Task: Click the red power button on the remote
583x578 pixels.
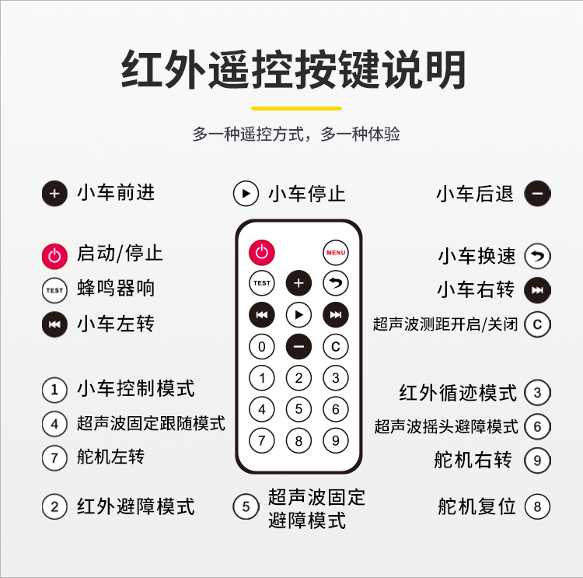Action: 262,253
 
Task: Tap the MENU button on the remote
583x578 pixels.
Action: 336,253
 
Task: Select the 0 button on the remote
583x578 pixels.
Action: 262,346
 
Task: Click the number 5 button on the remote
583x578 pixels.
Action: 298,409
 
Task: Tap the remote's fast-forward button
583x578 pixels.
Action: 336,315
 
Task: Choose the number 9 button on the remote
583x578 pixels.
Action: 336,440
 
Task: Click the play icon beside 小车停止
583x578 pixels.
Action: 246,194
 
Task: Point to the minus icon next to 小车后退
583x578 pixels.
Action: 537,194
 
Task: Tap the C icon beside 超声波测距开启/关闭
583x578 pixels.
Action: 537,324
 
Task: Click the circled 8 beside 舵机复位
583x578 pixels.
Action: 537,506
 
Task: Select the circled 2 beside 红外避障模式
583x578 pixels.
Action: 54,506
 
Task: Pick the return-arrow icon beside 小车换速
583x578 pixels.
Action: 537,256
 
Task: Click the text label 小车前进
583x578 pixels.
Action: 116,193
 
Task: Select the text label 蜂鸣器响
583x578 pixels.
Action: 116,288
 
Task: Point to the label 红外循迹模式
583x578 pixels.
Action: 458,393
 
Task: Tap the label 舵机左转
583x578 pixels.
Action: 111,457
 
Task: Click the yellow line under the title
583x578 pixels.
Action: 296,108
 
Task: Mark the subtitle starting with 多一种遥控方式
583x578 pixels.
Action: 296,134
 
